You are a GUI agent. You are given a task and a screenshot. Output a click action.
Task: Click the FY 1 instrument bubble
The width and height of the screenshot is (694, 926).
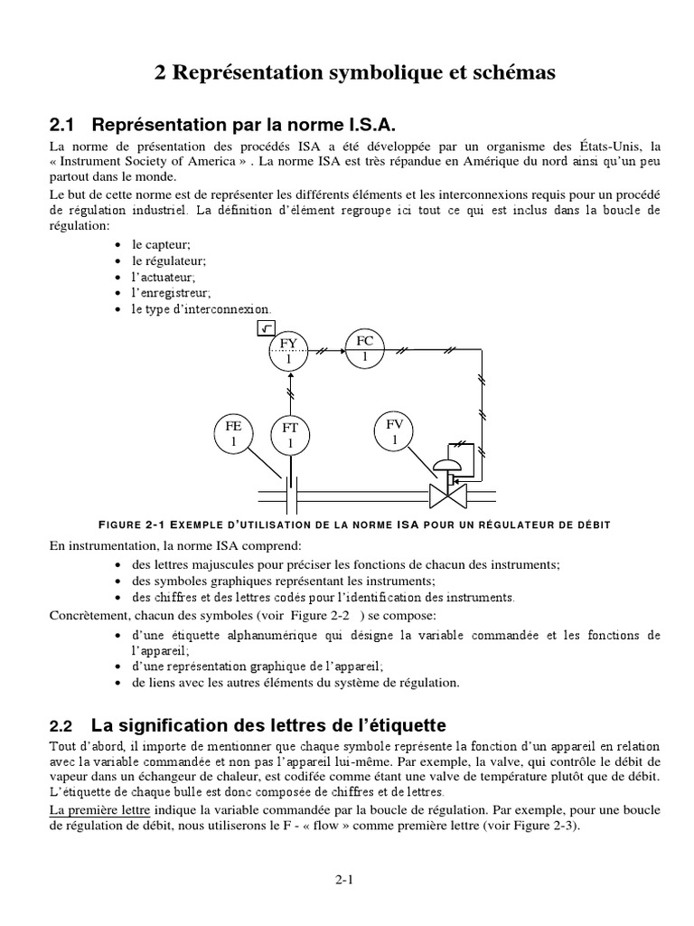tap(288, 351)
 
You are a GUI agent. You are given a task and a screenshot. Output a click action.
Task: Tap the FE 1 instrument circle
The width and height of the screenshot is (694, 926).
tap(233, 433)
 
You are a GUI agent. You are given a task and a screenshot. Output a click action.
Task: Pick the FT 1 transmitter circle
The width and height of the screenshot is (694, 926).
tap(290, 437)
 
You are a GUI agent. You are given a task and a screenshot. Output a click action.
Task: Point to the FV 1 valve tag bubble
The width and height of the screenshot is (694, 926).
tap(394, 431)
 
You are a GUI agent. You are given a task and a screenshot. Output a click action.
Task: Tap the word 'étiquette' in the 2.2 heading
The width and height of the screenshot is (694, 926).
tap(398, 725)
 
